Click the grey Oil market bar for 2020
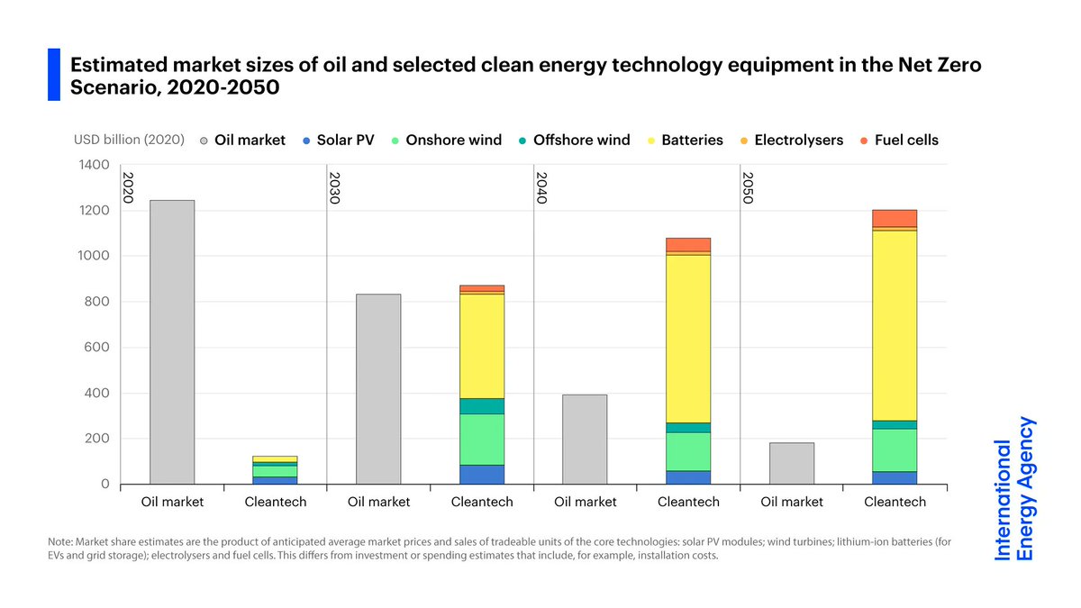172,342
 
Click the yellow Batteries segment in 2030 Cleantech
482,346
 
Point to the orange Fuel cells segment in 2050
895,218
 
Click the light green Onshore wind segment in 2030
482,439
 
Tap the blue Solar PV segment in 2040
688,477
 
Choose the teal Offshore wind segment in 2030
482,405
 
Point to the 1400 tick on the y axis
94,165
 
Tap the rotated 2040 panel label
540,187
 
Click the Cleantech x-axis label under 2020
276,502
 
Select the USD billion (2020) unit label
129,140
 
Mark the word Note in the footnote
62,541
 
